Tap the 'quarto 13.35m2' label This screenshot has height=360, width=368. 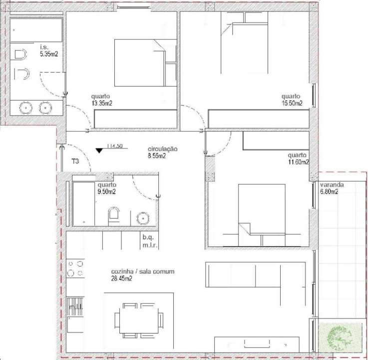101,100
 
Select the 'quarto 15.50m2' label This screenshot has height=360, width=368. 292,100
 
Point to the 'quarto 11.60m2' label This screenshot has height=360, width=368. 298,158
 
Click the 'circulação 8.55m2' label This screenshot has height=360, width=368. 162,152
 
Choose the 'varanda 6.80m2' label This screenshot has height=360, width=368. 332,188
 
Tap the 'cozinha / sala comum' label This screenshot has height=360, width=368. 142,274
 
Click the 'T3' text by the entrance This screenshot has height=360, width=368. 76,161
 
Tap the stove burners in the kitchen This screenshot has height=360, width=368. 76,268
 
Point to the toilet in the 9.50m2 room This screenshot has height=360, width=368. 114,215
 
